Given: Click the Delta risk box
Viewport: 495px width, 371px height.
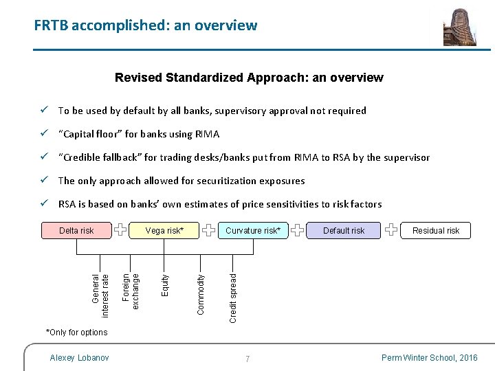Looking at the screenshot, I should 76,230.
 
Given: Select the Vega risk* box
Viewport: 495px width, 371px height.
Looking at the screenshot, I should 164,231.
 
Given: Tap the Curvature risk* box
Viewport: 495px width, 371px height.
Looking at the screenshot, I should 253,231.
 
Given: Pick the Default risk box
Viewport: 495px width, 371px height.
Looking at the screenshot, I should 344,231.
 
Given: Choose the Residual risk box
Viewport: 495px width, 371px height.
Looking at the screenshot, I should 436,231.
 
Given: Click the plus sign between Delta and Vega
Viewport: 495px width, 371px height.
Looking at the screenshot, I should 120,230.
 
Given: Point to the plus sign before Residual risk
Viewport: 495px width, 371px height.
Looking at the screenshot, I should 390,230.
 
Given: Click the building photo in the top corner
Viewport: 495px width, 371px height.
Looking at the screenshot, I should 459,27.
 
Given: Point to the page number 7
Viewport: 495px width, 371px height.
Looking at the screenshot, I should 247,359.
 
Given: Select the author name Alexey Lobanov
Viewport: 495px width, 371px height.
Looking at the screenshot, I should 80,358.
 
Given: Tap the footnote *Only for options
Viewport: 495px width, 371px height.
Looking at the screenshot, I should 77,333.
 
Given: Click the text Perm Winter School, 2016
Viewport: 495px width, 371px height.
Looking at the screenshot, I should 428,358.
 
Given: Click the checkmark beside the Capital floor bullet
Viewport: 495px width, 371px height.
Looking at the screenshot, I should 43,134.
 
